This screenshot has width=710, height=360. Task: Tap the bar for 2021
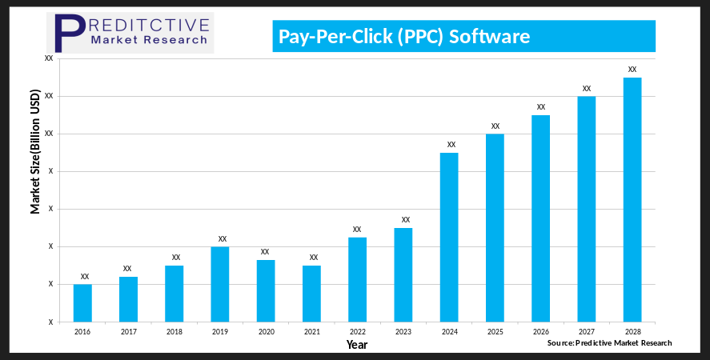311,294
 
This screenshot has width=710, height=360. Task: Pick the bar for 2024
449,237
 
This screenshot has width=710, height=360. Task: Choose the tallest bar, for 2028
632,199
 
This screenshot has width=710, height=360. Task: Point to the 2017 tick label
128,330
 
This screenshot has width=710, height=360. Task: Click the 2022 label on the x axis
357,330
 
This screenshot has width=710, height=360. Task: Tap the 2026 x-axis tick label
540,330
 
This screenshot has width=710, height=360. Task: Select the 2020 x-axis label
266,330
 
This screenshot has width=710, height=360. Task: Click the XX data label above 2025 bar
495,126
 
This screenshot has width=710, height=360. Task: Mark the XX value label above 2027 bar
587,89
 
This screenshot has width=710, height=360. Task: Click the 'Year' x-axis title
357,345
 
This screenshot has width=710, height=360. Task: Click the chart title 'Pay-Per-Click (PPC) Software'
403,37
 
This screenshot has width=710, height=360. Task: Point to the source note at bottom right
609,342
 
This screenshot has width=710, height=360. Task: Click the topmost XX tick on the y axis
49,58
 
